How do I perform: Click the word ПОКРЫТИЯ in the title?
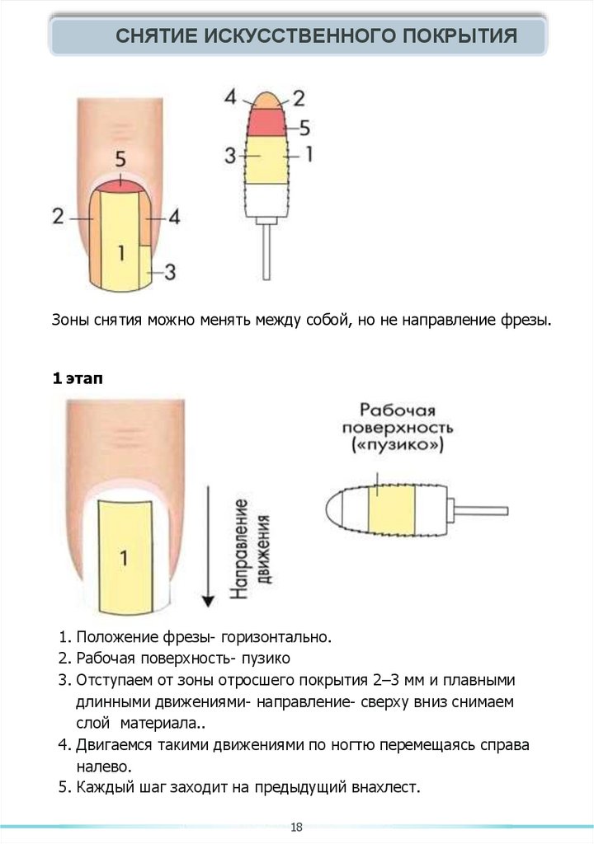point(460,36)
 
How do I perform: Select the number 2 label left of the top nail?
point(59,217)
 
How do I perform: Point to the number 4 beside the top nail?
point(175,217)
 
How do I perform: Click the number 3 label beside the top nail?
point(170,272)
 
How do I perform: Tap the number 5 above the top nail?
point(120,159)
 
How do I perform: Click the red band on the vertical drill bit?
point(264,122)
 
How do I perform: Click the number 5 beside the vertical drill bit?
point(304,128)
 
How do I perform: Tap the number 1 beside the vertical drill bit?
point(309,154)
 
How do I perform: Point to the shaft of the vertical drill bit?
point(266,252)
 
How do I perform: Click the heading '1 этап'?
point(77,378)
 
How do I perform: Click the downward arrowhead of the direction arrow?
point(208,601)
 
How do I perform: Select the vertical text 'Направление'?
point(239,548)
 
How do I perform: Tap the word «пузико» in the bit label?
point(398,445)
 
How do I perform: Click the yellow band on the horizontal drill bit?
point(392,509)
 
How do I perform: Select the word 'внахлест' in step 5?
point(385,787)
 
